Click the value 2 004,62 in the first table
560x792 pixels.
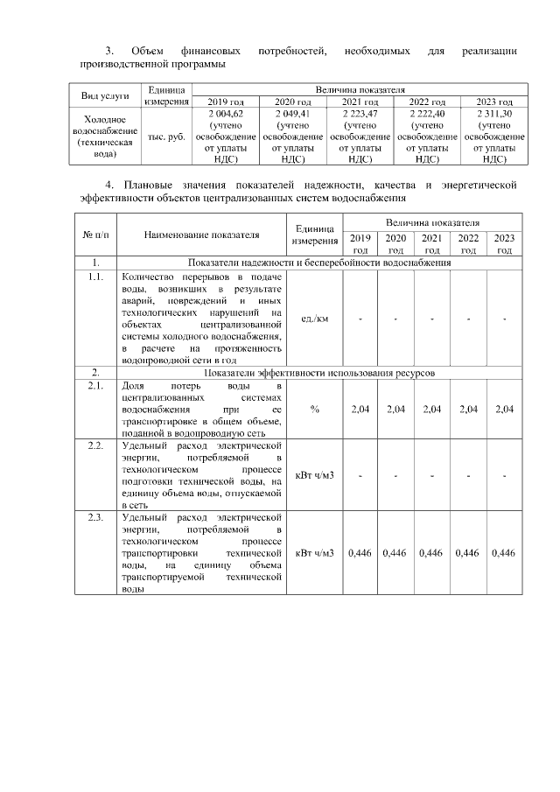[225, 114]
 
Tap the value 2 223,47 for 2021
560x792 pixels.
[360, 114]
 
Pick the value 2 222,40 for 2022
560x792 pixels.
[427, 114]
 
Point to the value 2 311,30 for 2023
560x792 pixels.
[494, 114]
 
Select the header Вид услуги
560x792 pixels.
[105, 95]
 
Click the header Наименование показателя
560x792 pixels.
[202, 235]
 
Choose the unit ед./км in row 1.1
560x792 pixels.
[314, 318]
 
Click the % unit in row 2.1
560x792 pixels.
[314, 409]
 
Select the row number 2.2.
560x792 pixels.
[95, 445]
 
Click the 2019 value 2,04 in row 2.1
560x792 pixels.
[360, 409]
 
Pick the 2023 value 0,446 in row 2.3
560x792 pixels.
[503, 553]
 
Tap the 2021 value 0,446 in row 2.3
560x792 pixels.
[431, 553]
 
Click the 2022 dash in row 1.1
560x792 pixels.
[468, 318]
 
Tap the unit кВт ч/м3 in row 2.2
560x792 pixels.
[314, 475]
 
